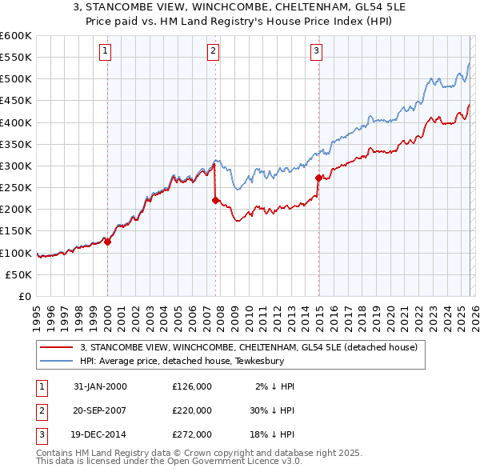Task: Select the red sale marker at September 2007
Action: pyautogui.click(x=215, y=201)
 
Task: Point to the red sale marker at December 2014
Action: pyautogui.click(x=318, y=178)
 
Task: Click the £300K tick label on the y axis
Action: pyautogui.click(x=16, y=166)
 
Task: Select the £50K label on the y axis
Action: pyautogui.click(x=19, y=274)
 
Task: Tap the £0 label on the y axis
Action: pyautogui.click(x=25, y=296)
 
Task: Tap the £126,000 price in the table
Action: pyautogui.click(x=192, y=386)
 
